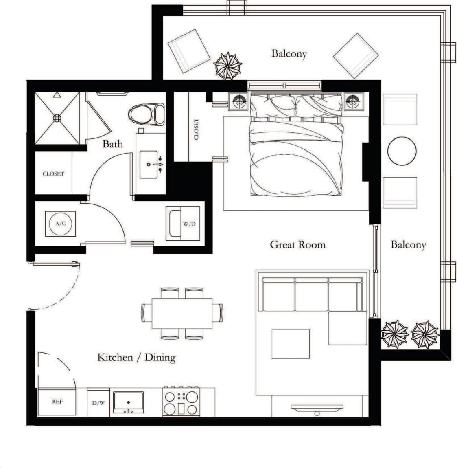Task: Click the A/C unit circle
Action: pos(59,223)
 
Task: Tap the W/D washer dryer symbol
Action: pos(181,224)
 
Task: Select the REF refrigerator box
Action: pos(57,402)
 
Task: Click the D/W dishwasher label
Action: pos(98,404)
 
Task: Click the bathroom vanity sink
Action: pos(151,164)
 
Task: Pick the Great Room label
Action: pos(297,245)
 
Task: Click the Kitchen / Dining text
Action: pos(136,358)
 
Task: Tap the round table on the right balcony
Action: pos(402,151)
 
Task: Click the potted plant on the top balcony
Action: pos(228,66)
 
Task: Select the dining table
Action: pos(182,314)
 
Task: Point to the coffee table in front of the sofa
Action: pos(290,344)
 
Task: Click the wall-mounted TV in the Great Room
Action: pos(317,407)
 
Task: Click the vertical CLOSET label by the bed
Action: pos(197,129)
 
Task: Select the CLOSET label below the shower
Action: pos(53,174)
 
